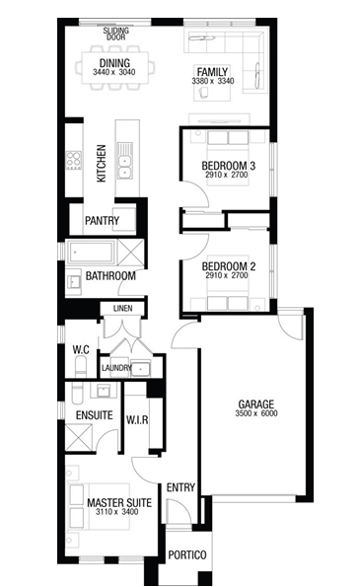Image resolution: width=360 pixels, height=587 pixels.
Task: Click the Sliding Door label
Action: [116, 34]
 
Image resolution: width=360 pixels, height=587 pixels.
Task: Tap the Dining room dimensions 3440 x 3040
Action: [114, 72]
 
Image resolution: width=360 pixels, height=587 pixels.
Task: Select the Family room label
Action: [212, 71]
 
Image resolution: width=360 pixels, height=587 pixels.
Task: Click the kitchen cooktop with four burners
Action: [74, 160]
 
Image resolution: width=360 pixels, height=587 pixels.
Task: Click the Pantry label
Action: [102, 221]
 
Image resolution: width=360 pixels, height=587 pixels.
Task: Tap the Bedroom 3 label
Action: [228, 166]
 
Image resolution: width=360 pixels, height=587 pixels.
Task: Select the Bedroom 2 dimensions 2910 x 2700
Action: [227, 275]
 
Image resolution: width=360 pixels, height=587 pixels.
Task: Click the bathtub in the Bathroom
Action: [91, 252]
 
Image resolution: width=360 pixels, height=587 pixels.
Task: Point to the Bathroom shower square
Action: [131, 252]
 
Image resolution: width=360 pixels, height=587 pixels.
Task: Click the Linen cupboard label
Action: [122, 308]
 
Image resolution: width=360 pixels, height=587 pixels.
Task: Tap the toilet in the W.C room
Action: [81, 366]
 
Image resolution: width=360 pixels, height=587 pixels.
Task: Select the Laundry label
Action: [116, 368]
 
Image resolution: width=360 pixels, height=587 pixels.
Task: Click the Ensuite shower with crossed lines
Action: [79, 437]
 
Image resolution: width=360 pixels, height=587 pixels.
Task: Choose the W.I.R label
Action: [137, 420]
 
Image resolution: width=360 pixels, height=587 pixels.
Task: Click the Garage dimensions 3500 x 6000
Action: [256, 413]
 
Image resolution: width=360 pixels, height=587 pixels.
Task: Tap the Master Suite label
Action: [119, 502]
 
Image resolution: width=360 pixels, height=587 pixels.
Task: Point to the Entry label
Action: [180, 487]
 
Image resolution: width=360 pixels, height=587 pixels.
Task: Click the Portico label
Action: [187, 554]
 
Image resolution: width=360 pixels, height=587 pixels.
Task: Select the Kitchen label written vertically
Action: [102, 164]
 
